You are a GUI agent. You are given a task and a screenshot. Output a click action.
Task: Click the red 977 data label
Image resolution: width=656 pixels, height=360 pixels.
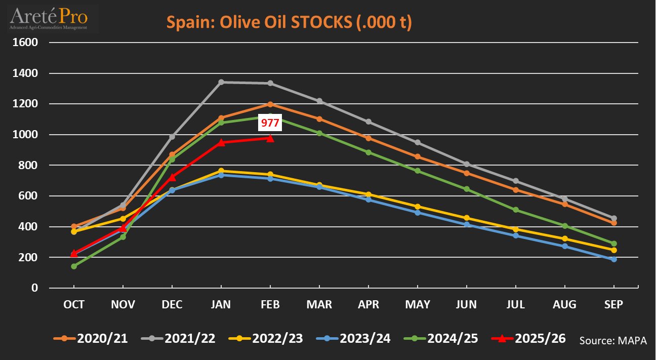(x=270, y=123)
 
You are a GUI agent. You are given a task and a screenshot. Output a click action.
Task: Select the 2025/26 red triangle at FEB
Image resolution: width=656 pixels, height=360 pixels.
(x=270, y=138)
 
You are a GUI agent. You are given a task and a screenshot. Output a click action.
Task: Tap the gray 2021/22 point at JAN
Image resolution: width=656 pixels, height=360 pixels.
(x=221, y=82)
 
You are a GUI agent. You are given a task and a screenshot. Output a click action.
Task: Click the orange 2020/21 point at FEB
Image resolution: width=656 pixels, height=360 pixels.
(x=270, y=104)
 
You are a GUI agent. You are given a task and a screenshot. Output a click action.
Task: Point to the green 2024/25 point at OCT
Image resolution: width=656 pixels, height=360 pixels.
(x=74, y=266)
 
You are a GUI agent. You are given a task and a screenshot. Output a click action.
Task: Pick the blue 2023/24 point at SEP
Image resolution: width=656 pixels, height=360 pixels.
(x=614, y=259)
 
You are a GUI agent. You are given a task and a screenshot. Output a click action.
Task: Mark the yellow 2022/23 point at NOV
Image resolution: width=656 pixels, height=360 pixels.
(x=123, y=219)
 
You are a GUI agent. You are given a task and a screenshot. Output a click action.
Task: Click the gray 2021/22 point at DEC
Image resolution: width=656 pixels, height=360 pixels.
(x=172, y=137)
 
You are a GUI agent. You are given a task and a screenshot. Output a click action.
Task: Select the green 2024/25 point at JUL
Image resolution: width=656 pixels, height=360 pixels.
(x=516, y=210)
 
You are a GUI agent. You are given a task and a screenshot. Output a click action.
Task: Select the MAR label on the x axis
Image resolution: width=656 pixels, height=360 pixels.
(x=319, y=304)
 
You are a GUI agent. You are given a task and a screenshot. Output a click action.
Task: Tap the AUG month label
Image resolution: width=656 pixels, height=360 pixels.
(x=565, y=304)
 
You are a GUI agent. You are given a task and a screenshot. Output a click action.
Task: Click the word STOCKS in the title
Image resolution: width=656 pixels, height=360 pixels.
(x=317, y=22)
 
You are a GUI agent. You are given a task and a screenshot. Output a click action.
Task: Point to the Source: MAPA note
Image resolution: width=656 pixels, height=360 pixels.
(x=613, y=340)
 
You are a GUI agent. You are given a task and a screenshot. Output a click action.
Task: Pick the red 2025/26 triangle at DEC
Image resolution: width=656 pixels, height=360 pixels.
(x=172, y=177)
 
